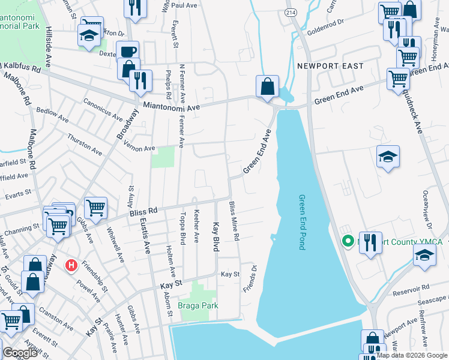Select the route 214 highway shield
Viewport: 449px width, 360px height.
(291, 12)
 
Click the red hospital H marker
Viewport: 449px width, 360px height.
(71, 265)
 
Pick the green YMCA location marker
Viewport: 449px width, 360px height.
(346, 242)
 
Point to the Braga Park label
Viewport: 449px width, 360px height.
(197, 305)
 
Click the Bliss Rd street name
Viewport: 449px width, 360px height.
(145, 211)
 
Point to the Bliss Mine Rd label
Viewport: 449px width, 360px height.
(233, 221)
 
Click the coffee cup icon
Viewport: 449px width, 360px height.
(128, 52)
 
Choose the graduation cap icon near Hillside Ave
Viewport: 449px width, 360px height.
(89, 35)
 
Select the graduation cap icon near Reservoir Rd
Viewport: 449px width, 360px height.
(424, 254)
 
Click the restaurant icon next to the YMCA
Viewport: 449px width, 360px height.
(371, 242)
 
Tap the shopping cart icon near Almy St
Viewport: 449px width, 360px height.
(95, 208)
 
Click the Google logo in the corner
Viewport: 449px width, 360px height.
(20, 353)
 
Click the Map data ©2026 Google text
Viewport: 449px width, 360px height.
(412, 355)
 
